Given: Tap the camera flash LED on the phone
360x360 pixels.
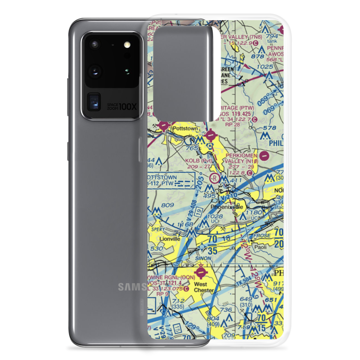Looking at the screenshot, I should click(x=126, y=45).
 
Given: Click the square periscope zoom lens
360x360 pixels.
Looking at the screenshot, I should click(x=94, y=102).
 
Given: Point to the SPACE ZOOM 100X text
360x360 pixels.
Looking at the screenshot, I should click(x=119, y=106).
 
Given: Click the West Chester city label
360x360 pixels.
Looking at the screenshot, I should click(x=204, y=287).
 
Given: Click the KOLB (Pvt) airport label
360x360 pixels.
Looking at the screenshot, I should click(x=198, y=161).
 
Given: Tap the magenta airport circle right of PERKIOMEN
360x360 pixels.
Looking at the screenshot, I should click(x=265, y=156).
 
